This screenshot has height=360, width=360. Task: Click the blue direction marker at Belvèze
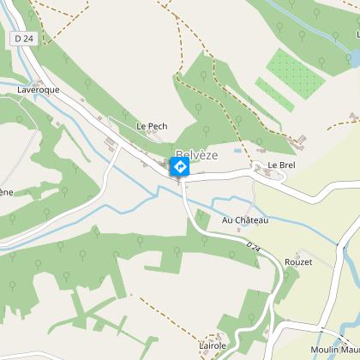(180, 165)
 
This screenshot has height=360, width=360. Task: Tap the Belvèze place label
(197, 153)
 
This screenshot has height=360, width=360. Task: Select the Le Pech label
(152, 126)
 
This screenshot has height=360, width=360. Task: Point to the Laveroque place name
(37, 88)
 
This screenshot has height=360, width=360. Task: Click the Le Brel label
(281, 165)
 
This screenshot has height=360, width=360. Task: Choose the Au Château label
(245, 220)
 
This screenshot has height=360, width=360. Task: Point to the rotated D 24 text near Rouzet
(252, 247)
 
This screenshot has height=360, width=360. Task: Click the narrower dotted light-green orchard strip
(274, 94)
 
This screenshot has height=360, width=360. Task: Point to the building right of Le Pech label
(176, 129)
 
